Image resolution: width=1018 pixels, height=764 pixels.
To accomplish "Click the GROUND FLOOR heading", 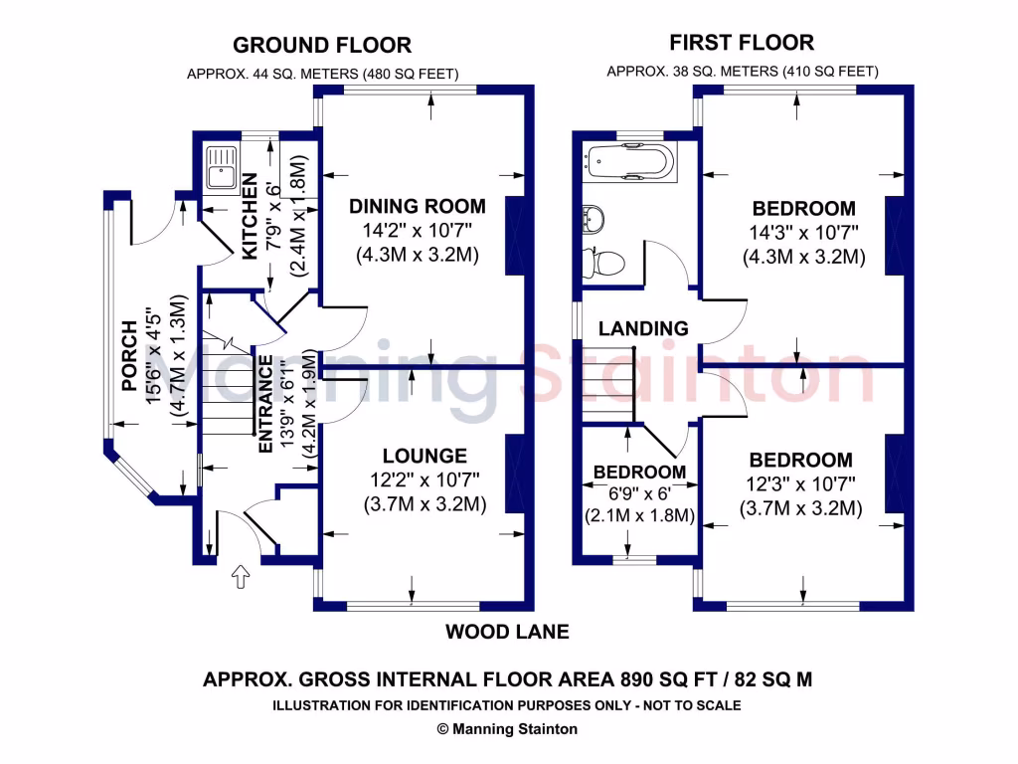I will point(321,45).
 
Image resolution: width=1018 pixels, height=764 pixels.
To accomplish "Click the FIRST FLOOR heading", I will point(741,42).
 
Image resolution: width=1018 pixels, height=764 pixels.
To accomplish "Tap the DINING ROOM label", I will point(418,207).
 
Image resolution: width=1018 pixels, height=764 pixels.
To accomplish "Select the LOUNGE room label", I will point(424,457).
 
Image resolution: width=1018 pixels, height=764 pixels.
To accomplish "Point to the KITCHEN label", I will point(251,217).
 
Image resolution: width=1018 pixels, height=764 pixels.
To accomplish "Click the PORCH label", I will point(129,356).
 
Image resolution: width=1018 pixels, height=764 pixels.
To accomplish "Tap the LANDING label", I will point(643,328).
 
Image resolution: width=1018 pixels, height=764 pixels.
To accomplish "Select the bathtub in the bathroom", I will point(629,162).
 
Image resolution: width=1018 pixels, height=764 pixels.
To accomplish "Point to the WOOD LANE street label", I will point(507,632).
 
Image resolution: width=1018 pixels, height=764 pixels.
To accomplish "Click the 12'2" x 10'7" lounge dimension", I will point(424,480).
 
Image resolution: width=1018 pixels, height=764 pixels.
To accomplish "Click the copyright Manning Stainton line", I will point(507,728).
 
